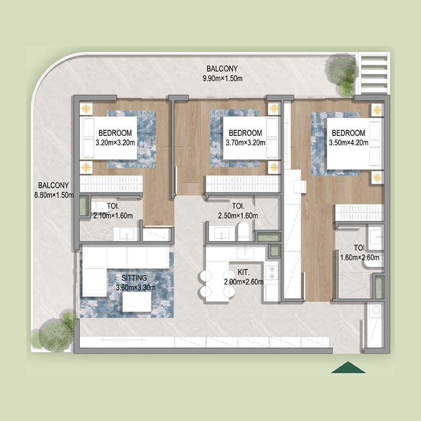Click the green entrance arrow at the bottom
[x=348, y=368]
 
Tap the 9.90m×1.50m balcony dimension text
[x=222, y=79]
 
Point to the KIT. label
[x=243, y=273]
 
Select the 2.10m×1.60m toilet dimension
[x=113, y=215]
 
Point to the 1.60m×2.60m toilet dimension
[x=360, y=257]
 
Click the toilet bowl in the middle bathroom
[x=244, y=230]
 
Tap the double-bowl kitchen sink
[x=273, y=272]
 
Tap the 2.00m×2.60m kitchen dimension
[x=243, y=282]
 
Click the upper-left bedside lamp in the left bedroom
[x=86, y=108]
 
